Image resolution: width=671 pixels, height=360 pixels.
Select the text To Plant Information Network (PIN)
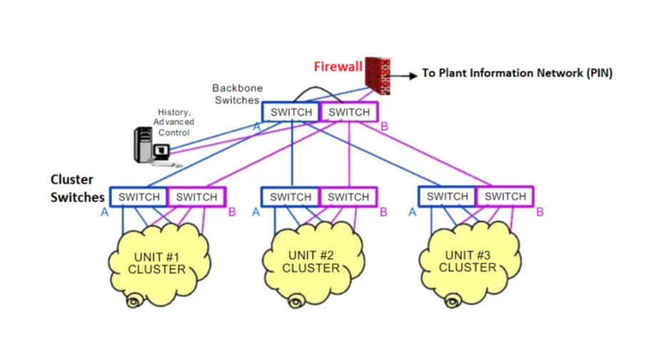517,73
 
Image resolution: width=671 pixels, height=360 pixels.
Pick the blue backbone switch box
291,112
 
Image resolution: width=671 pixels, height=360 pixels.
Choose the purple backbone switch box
349,112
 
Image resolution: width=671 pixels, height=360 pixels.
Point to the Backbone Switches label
237,94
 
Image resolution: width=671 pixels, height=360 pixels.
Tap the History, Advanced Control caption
174,122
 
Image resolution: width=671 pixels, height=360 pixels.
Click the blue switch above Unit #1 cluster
138,197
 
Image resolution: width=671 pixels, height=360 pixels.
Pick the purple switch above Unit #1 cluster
196,197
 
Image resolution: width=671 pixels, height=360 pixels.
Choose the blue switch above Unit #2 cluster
291,197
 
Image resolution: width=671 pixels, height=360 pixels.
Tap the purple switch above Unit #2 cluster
349,197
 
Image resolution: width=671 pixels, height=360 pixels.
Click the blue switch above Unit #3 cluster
448,196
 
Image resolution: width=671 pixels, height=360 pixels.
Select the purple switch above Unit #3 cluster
505,196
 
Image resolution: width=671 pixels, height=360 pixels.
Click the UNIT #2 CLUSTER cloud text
311,261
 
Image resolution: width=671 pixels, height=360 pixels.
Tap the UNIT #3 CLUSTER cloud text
468,261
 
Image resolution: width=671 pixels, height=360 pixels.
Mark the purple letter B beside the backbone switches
385,127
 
